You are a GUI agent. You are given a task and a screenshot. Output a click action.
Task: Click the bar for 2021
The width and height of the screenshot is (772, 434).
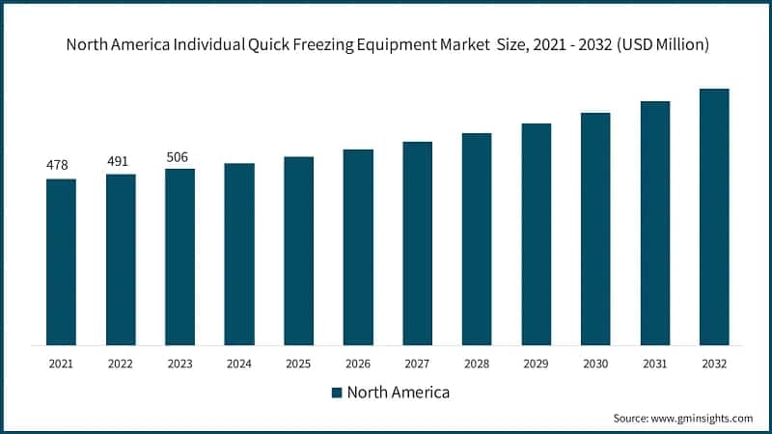tap(61, 261)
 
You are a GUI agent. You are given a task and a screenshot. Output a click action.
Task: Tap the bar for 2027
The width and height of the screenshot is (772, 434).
tap(418, 243)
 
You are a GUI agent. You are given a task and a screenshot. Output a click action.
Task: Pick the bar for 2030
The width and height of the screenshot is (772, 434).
tap(595, 229)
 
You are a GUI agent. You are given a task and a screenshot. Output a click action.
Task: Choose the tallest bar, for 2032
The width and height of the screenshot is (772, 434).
tap(714, 217)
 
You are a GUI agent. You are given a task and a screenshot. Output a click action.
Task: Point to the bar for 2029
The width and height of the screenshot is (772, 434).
tap(537, 234)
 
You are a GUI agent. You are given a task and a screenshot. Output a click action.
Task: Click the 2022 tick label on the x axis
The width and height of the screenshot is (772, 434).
tap(121, 364)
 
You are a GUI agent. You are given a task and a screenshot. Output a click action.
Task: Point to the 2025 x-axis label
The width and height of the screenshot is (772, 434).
tap(298, 364)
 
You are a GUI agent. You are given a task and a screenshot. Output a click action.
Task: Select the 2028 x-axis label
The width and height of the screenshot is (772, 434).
tap(477, 364)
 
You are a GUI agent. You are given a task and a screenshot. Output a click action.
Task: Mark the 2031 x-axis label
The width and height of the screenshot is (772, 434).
tap(655, 364)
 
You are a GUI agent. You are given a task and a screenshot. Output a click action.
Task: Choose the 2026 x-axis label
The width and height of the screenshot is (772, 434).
tap(358, 364)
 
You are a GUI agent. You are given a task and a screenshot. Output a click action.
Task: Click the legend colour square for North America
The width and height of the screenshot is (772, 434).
tap(337, 393)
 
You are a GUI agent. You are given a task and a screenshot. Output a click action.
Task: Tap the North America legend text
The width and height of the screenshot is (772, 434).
tap(398, 393)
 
